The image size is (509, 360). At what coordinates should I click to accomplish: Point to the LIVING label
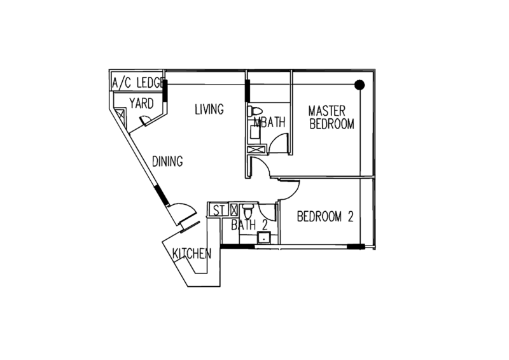[x=209, y=109]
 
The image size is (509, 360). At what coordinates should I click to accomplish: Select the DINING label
[x=168, y=162]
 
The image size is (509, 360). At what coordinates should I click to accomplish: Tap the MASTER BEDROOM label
[x=331, y=116]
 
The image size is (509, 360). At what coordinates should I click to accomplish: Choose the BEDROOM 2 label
[x=325, y=217]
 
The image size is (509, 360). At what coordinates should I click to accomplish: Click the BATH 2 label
[x=244, y=225]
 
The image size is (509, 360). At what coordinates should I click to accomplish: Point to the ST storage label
[x=218, y=210]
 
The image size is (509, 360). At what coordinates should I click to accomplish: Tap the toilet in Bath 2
[x=249, y=210]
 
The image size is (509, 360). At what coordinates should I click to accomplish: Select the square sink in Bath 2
[x=262, y=239]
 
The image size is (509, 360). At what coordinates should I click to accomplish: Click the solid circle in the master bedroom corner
[x=359, y=84]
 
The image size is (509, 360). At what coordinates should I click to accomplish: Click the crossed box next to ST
[x=233, y=209]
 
